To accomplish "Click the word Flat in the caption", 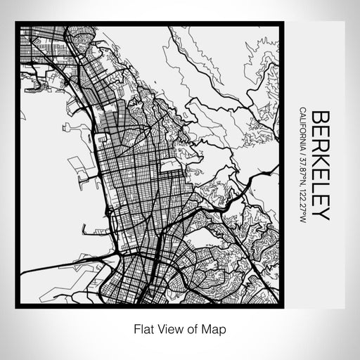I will coord(141,328).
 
